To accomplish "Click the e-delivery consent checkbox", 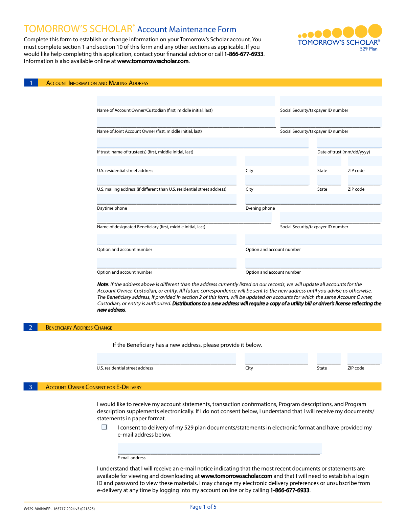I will point(104,427).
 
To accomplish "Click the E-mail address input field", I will point(220,448).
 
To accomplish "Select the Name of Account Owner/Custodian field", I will point(186,101).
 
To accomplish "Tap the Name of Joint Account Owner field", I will point(186,122).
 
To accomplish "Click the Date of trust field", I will point(349,143).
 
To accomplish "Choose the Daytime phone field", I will point(166,199).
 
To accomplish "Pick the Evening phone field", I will point(313,199).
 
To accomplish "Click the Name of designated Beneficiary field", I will point(184,217).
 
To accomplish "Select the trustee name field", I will point(203,143).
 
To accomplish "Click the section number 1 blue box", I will point(31,83).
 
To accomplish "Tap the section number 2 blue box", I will point(30,327).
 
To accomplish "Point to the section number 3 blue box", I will point(30,387).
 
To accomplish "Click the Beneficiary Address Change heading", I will point(79,328).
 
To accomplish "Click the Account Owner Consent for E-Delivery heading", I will point(93,387).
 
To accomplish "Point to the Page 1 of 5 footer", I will point(203,507).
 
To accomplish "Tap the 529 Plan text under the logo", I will point(368,49).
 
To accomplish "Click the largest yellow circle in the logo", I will point(375,30).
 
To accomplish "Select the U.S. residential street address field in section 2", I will point(166,358).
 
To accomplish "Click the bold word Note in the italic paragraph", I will point(103,285).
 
